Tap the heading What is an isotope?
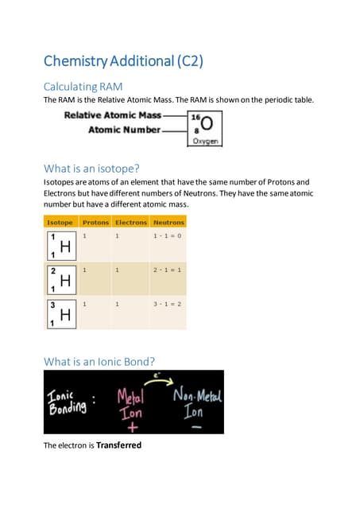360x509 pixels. pyautogui.click(x=93, y=168)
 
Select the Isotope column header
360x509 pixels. pyautogui.click(x=60, y=223)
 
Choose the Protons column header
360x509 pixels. pyautogui.click(x=95, y=223)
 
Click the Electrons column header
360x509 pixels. pyautogui.click(x=131, y=223)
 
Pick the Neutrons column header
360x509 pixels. pyautogui.click(x=168, y=223)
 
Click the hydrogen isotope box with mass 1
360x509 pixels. pyautogui.click(x=60, y=247)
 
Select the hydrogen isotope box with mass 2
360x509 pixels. pyautogui.click(x=60, y=280)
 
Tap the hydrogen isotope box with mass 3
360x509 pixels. pyautogui.click(x=60, y=313)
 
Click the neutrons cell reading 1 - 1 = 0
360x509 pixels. pyautogui.click(x=168, y=237)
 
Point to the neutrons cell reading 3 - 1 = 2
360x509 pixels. pyautogui.click(x=168, y=304)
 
